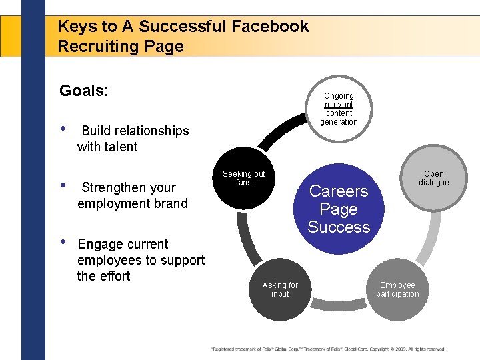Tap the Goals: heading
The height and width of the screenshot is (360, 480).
click(83, 91)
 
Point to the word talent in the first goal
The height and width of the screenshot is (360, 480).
click(121, 147)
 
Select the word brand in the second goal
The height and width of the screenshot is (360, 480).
click(170, 203)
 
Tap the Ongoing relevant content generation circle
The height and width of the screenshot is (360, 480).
click(339, 109)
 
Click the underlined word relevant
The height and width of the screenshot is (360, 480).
click(339, 105)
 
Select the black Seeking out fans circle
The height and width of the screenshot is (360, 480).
click(243, 181)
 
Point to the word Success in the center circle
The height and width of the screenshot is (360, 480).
click(339, 227)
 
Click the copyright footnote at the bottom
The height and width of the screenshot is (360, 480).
click(328, 349)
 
